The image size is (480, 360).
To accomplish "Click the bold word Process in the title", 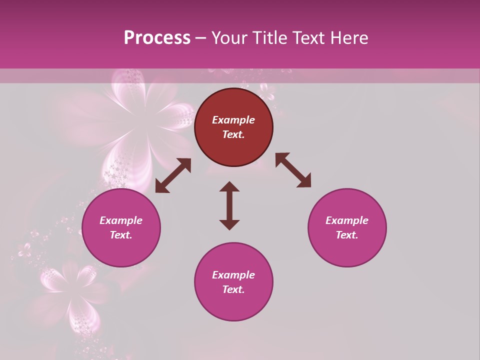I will tap(157, 38).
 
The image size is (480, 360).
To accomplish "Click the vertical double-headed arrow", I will tap(229, 205).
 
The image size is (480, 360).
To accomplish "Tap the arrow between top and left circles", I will tap(173, 175).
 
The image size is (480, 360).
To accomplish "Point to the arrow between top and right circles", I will tap(293, 170).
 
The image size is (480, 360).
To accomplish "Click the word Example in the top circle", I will tap(233, 120).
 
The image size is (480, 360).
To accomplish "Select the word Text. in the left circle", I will tap(121, 235).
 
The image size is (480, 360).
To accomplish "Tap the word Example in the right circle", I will tap(347, 220).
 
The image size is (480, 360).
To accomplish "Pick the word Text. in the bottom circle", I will tap(233, 289).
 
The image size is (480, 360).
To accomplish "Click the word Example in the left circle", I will tap(121, 220).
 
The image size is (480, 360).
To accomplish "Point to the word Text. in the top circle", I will tap(233, 134).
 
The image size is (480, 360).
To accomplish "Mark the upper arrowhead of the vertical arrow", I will tap(229, 186).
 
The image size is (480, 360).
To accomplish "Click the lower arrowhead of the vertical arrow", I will tap(229, 224).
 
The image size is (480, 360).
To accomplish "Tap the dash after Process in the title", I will tap(201, 38).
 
